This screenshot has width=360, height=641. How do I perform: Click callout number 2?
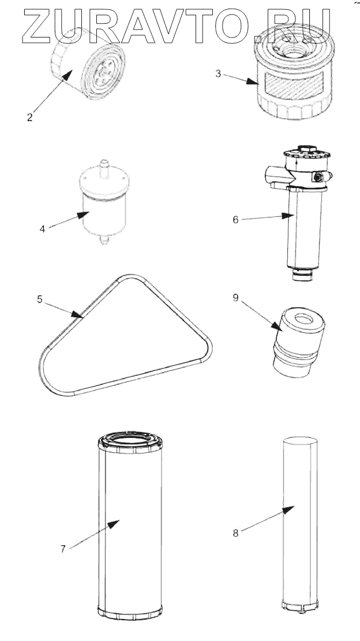[29, 117]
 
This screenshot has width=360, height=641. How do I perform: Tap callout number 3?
[219, 74]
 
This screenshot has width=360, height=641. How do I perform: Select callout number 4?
[42, 229]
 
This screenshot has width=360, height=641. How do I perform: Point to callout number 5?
[40, 299]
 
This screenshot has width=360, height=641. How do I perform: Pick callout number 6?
[235, 219]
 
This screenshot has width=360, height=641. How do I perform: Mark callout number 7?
[63, 549]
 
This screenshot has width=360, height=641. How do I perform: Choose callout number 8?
[235, 533]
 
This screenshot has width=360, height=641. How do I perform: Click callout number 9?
[235, 298]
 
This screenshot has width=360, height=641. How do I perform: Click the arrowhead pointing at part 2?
[66, 76]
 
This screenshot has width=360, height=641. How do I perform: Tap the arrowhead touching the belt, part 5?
[77, 314]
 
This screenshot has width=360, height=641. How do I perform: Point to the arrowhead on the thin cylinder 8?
[288, 509]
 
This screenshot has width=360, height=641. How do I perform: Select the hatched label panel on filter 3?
[294, 85]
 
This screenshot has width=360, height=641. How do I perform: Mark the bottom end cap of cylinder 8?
[301, 605]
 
